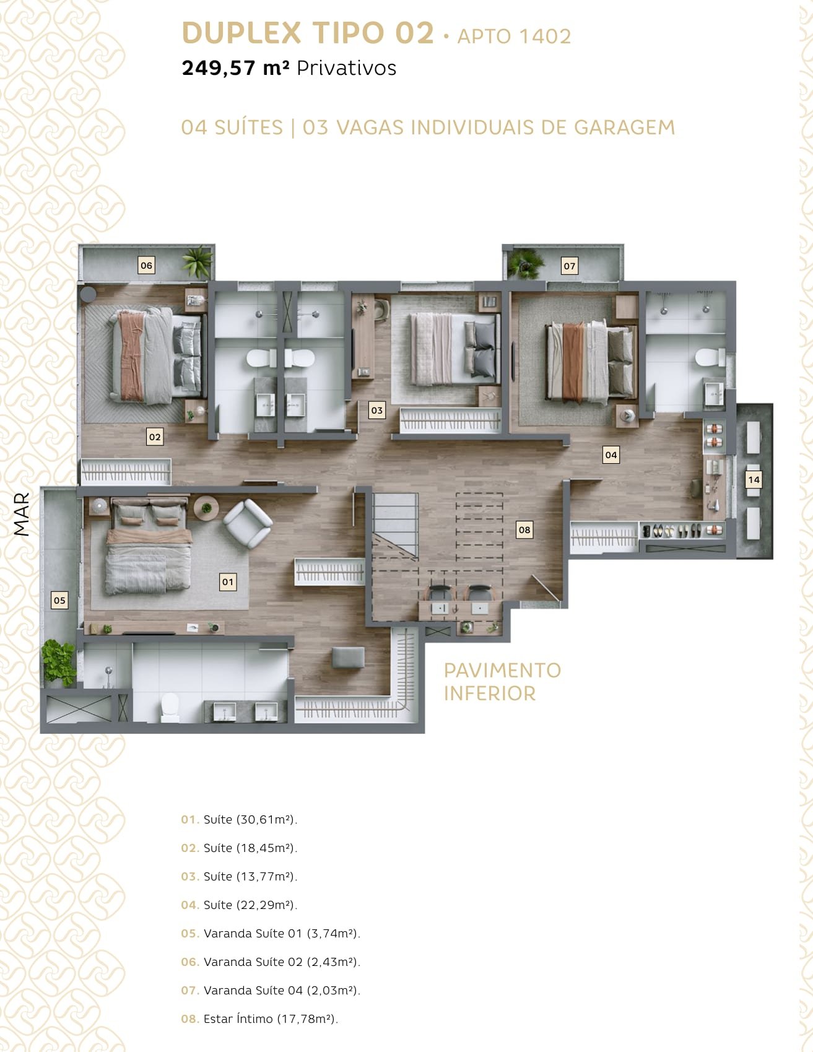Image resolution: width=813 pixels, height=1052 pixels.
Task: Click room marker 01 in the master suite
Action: pos(228,581)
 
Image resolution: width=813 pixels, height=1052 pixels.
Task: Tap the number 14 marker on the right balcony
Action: pos(754,479)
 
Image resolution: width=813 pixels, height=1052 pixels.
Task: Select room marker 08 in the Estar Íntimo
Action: pos(524,529)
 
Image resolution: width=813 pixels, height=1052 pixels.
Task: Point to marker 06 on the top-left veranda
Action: pos(146,265)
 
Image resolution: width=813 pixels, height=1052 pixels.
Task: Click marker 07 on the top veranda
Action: pos(569,266)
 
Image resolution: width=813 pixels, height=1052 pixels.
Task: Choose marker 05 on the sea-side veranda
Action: pos(59,600)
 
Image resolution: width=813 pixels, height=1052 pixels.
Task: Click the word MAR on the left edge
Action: pos(22,514)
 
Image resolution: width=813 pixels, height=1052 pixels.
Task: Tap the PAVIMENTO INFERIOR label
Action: pos(502,681)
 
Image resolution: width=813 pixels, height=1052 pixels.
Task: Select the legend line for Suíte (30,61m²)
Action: pos(239,819)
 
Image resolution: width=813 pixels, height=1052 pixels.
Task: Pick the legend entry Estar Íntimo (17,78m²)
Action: pos(259,1019)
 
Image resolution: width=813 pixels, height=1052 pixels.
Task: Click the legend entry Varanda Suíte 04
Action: pos(271,990)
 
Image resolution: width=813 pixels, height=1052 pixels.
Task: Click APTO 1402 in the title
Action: pos(514,36)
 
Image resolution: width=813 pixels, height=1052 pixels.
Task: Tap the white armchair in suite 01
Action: pos(248,523)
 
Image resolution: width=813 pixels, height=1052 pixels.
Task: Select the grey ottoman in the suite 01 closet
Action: pos(348,657)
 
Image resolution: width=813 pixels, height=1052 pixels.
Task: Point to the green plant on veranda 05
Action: pos(59,663)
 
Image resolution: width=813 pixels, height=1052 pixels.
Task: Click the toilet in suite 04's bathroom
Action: pos(710,357)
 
